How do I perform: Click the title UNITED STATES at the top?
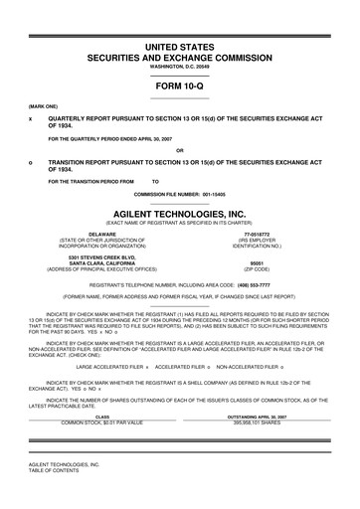coord(180,47)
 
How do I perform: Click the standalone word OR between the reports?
coord(180,150)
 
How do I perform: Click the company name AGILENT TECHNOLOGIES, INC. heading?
coord(180,213)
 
